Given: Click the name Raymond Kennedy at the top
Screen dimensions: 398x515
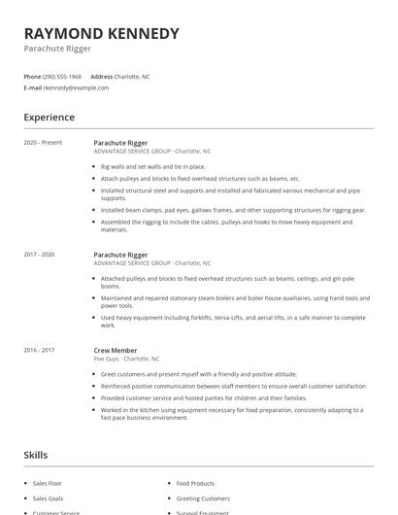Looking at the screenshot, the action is click(x=101, y=33).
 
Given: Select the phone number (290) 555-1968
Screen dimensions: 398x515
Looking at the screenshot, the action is click(x=63, y=76).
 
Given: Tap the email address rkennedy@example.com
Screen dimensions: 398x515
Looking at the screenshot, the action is click(x=76, y=87).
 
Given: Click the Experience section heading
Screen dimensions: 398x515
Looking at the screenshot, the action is click(x=49, y=118).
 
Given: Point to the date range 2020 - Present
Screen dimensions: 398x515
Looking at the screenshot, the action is click(x=43, y=143).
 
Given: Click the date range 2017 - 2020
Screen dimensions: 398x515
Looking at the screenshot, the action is click(x=40, y=255).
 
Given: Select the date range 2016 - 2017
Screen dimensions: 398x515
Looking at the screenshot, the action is click(x=40, y=350).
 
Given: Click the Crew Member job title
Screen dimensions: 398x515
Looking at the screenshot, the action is click(x=116, y=350).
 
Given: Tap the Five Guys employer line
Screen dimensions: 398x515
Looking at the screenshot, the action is click(x=126, y=359).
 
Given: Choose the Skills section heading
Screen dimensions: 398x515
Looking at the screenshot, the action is click(x=35, y=454).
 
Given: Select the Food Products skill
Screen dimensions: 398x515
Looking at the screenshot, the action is click(x=195, y=483).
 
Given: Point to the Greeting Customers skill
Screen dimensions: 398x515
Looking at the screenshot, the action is click(x=202, y=498).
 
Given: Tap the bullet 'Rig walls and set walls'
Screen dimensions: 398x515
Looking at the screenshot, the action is click(x=153, y=166).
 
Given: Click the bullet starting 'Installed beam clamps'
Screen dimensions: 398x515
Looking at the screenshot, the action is click(x=233, y=210).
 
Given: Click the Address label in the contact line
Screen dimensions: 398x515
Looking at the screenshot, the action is click(x=101, y=76).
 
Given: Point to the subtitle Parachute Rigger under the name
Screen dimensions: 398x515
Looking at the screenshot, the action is click(x=59, y=49).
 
